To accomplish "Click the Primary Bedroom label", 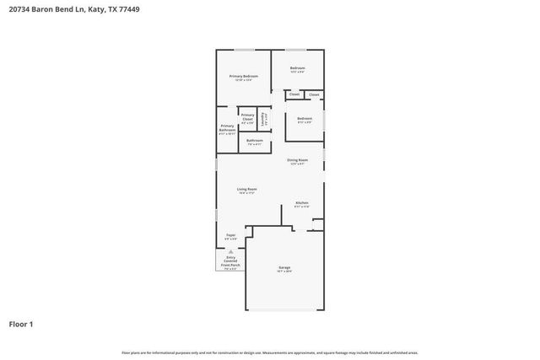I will (244, 77).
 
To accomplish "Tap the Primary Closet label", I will (247, 116).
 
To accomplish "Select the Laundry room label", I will (263, 119).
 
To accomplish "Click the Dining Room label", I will (297, 160).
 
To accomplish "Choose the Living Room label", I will (247, 190).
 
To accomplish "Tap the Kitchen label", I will (301, 203).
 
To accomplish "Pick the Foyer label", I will (230, 235).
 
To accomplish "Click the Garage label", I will (284, 268).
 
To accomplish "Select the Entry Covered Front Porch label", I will (230, 261).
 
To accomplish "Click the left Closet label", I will (294, 94).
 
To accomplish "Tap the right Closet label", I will (314, 94).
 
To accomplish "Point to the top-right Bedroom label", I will (297, 68).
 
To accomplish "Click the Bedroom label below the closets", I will (305, 118).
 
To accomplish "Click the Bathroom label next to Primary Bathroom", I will (254, 142).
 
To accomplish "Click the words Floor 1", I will (20, 323).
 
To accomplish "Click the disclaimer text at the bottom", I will (270, 352).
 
